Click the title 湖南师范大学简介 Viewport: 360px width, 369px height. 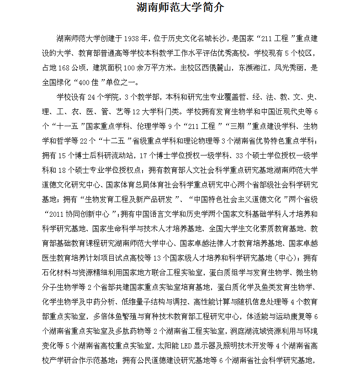[180, 8]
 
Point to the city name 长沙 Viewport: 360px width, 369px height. [222, 37]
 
